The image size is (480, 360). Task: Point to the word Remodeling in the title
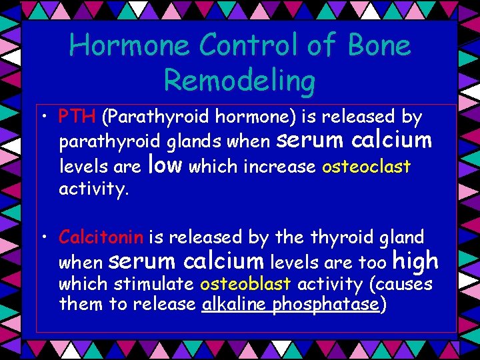(x=239, y=81)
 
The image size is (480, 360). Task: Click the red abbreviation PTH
(x=77, y=117)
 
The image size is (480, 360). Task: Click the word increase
(x=279, y=166)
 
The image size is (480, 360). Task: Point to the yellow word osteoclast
(x=366, y=166)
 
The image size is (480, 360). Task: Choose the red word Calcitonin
(x=101, y=237)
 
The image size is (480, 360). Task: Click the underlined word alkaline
(x=235, y=305)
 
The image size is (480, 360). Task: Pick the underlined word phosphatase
(x=326, y=306)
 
